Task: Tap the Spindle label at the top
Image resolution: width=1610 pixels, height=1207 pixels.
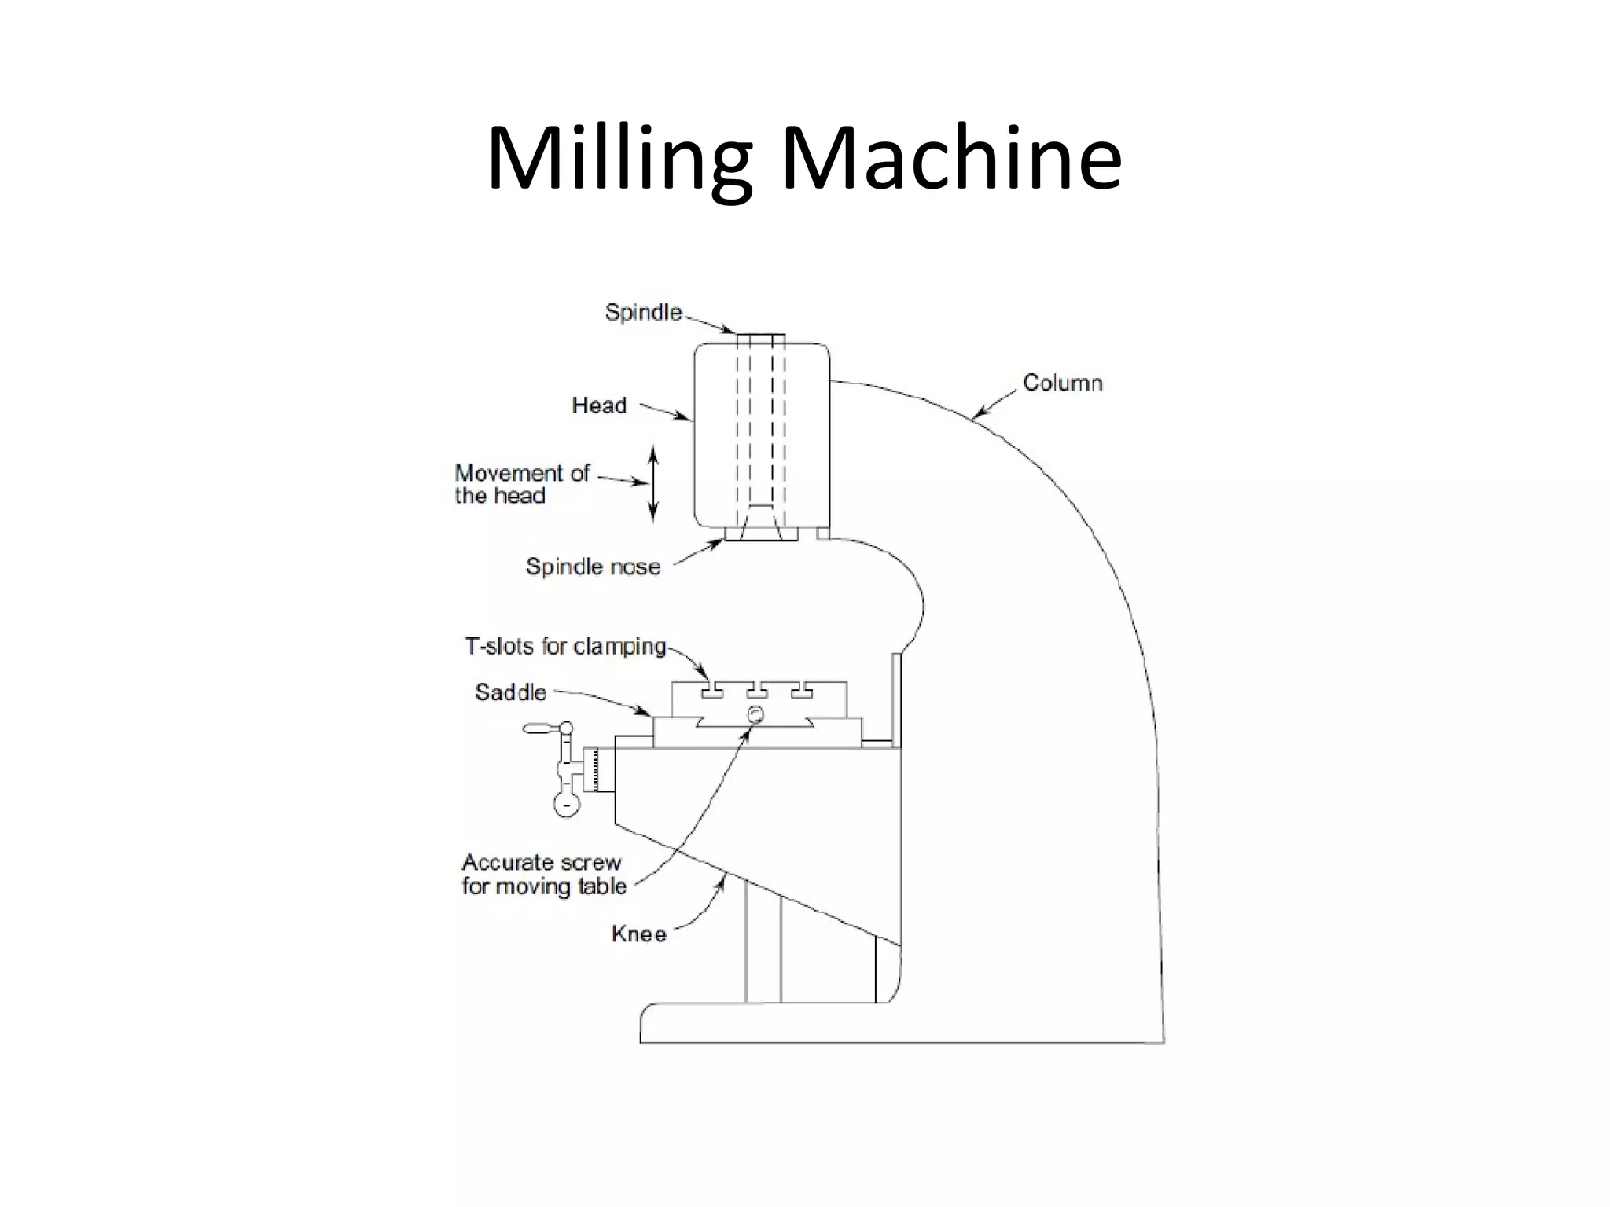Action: point(643,312)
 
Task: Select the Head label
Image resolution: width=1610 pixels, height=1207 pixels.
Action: point(599,405)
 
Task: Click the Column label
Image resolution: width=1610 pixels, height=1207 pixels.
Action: point(1062,383)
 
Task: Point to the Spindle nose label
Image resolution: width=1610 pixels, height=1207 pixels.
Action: point(593,567)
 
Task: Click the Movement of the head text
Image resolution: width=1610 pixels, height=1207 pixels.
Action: point(521,484)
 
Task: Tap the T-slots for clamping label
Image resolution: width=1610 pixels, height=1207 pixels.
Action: point(565,647)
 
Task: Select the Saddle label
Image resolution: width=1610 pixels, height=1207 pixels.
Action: point(510,692)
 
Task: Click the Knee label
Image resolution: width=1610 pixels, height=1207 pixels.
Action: point(638,934)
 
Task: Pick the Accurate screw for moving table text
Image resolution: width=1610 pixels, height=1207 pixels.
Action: point(543,874)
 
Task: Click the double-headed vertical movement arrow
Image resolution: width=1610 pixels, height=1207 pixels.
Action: point(652,483)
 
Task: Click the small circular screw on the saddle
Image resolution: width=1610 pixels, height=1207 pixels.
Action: point(755,714)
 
